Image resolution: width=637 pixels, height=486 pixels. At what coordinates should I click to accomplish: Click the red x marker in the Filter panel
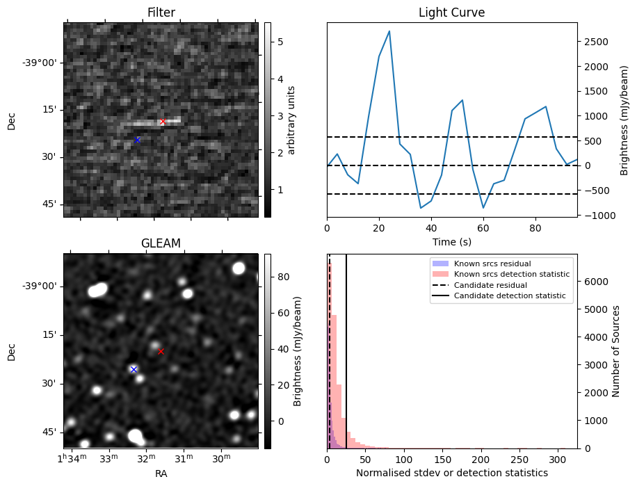click(163, 122)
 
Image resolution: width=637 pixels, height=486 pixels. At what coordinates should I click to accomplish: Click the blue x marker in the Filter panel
click(137, 140)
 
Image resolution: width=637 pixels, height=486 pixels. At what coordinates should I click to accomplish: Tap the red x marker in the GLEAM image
click(161, 351)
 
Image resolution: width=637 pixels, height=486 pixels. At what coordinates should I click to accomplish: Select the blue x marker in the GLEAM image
click(134, 369)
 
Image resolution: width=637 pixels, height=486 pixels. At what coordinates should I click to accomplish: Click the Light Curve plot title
click(451, 13)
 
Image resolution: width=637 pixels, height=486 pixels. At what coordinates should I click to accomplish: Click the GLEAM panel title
click(161, 243)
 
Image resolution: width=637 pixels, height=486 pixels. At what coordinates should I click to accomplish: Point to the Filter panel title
click(161, 13)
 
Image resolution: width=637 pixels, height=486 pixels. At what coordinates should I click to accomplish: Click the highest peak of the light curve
click(389, 31)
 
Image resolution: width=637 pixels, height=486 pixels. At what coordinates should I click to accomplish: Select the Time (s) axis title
click(451, 241)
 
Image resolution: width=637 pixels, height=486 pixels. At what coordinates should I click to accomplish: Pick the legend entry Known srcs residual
click(492, 264)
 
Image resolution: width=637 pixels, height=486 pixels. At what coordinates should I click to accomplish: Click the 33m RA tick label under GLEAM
click(109, 460)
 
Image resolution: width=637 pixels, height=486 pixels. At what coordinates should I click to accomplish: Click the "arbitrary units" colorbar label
click(291, 120)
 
